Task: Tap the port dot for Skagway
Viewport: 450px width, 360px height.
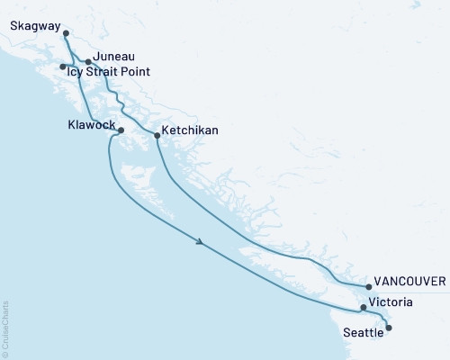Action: click(x=67, y=34)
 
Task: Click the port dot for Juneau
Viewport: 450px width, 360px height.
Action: click(x=88, y=62)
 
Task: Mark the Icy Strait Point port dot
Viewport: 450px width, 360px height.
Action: click(x=62, y=67)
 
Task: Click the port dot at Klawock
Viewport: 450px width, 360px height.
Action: click(x=121, y=130)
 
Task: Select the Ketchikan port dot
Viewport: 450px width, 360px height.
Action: click(x=157, y=136)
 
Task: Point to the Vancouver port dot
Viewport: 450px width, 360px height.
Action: click(x=369, y=288)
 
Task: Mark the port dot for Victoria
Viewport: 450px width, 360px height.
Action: click(x=364, y=308)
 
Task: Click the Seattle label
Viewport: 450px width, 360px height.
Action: click(x=364, y=332)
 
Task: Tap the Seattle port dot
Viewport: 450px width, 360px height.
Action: click(x=389, y=328)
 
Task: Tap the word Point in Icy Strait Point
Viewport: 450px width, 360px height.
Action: click(x=136, y=71)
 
